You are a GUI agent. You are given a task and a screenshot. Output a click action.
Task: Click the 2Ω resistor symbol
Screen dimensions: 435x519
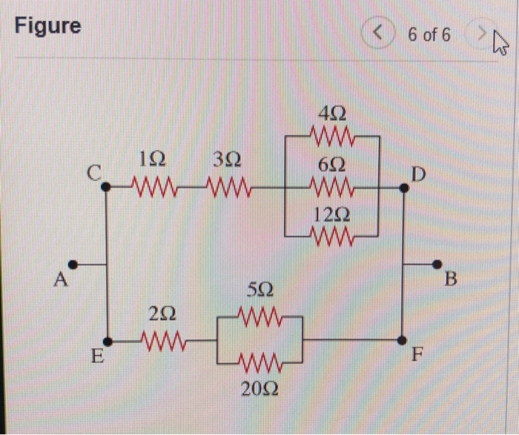pyautogui.click(x=162, y=342)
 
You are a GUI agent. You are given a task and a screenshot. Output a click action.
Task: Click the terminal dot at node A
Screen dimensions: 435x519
pyautogui.click(x=73, y=264)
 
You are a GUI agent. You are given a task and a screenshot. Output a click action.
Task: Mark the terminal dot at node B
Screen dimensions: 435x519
pyautogui.click(x=437, y=264)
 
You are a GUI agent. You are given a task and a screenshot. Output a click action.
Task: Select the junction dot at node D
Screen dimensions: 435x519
pyautogui.click(x=403, y=188)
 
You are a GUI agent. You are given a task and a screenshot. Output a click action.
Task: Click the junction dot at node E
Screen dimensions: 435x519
pyautogui.click(x=108, y=342)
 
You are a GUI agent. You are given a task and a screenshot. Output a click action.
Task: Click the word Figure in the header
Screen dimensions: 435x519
pyautogui.click(x=48, y=26)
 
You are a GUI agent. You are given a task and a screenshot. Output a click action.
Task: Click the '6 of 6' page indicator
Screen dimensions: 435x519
pyautogui.click(x=429, y=35)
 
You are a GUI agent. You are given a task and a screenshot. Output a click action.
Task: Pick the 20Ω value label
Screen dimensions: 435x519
pyautogui.click(x=260, y=388)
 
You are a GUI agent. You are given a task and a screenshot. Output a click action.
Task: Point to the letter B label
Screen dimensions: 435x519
pyautogui.click(x=452, y=281)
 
